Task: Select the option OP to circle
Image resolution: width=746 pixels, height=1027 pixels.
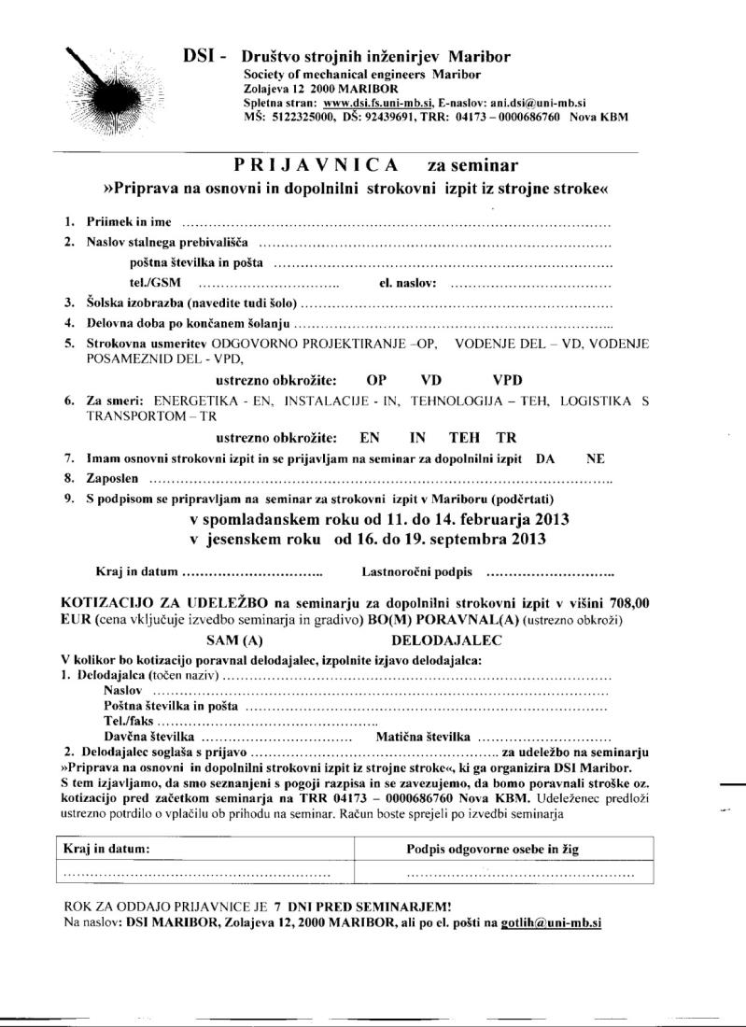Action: (377, 380)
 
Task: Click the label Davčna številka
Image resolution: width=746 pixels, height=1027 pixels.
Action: (148, 737)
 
